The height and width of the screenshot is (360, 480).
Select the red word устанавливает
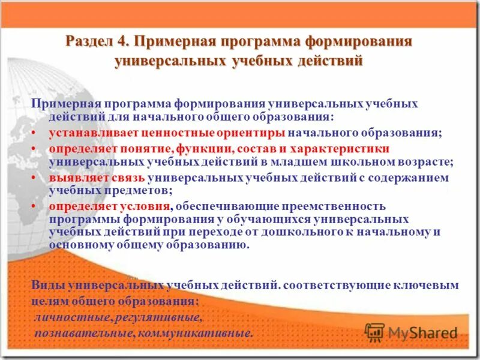(86, 133)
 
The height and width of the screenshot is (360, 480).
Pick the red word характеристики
(342, 148)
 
